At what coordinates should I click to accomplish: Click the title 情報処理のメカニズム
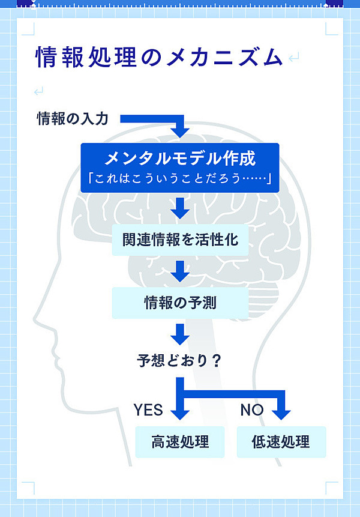pos(158,58)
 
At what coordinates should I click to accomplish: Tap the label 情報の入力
pos(72,118)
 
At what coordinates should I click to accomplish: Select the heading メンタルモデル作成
pos(180,158)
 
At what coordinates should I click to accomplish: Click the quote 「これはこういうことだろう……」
pos(180,178)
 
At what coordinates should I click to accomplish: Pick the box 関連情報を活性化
pos(180,240)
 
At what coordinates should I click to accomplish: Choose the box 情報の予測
pos(180,303)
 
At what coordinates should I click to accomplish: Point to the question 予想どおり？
pos(180,361)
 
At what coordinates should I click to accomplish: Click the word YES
pos(148,410)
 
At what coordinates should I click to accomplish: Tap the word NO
pos(252,410)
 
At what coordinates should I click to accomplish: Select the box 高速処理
pos(180,443)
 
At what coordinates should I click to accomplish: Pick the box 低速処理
pos(281,443)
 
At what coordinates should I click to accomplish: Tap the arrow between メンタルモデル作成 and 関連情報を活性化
pos(180,209)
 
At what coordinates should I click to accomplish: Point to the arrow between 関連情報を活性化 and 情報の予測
pos(180,271)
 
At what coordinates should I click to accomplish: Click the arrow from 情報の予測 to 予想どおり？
pos(180,333)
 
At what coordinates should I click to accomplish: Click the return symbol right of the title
pos(293,58)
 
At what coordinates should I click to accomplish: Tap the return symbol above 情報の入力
pos(39,91)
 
